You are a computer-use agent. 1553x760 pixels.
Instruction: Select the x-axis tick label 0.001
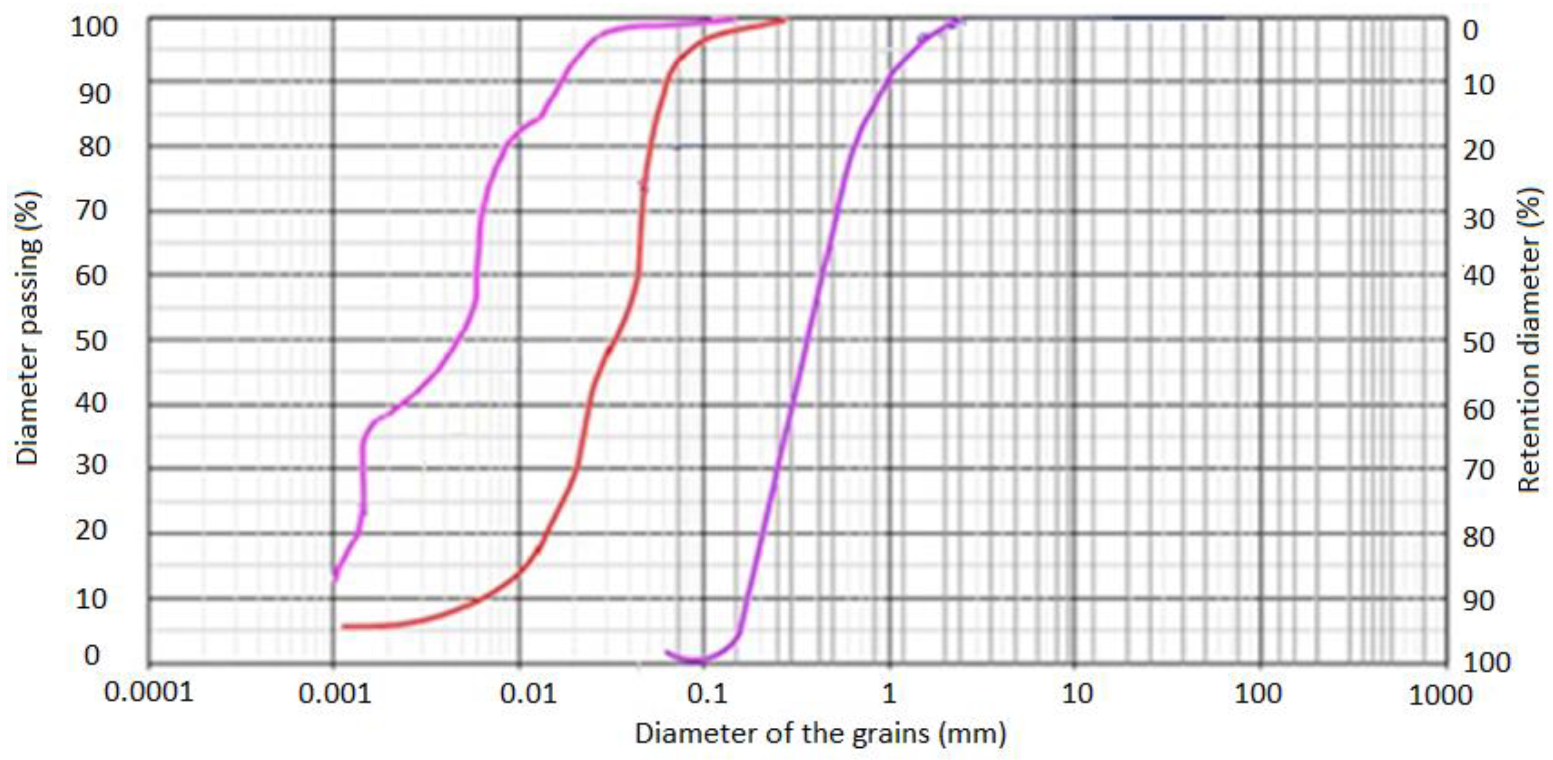335,694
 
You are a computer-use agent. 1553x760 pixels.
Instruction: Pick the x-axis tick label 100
1257,694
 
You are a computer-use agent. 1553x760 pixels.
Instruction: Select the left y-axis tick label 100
94,27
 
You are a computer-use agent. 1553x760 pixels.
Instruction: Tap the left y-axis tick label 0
92,655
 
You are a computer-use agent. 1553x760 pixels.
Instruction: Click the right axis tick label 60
1479,410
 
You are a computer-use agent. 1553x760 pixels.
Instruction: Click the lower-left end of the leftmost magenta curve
335,579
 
